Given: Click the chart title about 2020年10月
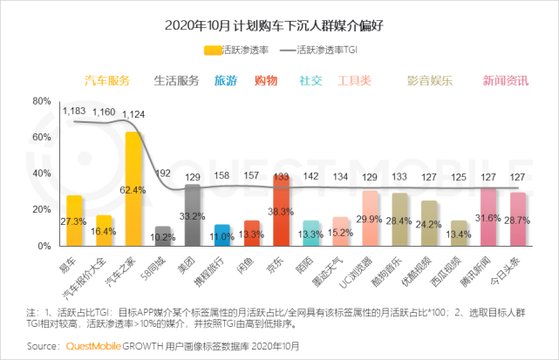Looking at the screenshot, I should click(279, 25).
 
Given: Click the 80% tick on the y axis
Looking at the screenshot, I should click(40, 101).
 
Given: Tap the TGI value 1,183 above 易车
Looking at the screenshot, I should click(74, 111).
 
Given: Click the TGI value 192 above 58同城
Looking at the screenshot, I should click(163, 173).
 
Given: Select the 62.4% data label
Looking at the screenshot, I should click(133, 189).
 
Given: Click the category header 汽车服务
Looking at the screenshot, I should click(106, 81).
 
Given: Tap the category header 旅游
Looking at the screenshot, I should click(226, 81).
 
